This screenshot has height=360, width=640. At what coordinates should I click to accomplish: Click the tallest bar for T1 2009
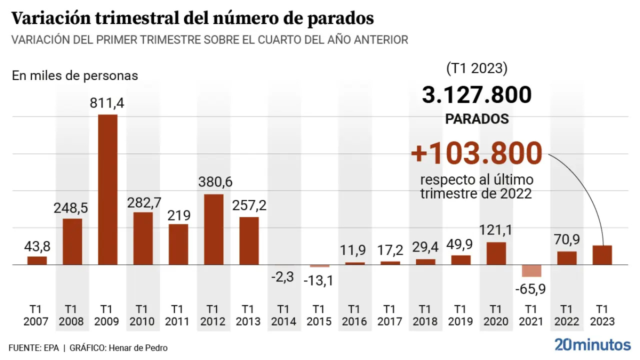[x=107, y=189]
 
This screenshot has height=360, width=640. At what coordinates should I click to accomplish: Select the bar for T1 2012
[x=213, y=229]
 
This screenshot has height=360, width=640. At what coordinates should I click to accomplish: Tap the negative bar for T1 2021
[x=531, y=270]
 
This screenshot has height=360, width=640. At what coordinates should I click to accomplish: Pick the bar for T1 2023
[x=602, y=255]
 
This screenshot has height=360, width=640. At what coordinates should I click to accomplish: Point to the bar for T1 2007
[x=37, y=260]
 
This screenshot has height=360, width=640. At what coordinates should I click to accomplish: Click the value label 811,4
[x=107, y=103]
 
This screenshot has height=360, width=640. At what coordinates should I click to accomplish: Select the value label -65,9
[x=531, y=289]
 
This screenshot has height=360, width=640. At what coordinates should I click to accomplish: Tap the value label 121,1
[x=496, y=231]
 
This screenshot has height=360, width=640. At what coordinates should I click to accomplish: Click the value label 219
[x=178, y=215]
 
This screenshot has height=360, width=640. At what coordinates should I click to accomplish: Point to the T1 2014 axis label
[x=283, y=315]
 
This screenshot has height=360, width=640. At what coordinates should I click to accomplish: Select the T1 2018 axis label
[x=425, y=315]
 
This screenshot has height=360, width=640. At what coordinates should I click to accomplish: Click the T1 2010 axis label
[x=142, y=315]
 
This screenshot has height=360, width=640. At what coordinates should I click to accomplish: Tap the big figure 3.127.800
[x=476, y=95]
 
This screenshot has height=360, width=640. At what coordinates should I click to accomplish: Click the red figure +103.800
[x=476, y=153]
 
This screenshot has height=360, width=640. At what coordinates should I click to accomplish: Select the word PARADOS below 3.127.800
[x=477, y=119]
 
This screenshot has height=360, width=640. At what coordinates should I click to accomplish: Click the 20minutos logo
[x=592, y=344]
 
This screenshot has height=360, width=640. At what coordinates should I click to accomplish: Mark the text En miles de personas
[x=75, y=76]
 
